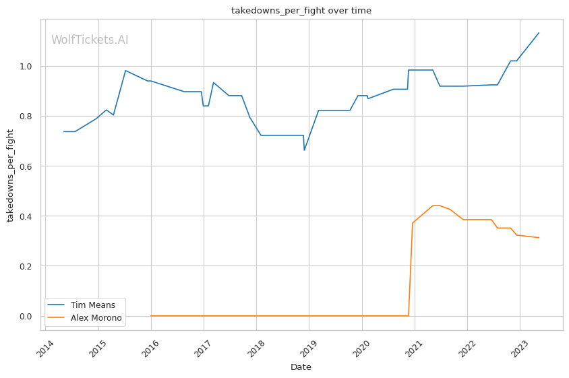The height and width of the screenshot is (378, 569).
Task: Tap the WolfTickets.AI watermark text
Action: (90, 40)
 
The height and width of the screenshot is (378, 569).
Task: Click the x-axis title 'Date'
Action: (301, 367)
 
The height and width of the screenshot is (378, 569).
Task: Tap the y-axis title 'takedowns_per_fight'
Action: (11, 175)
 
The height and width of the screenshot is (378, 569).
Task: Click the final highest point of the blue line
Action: (539, 33)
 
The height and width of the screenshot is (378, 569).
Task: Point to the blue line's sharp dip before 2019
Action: (304, 150)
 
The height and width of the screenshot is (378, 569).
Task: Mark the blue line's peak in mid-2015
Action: (125, 71)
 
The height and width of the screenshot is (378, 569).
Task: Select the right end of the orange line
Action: (539, 238)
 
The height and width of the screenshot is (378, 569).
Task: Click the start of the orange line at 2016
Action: (151, 316)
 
